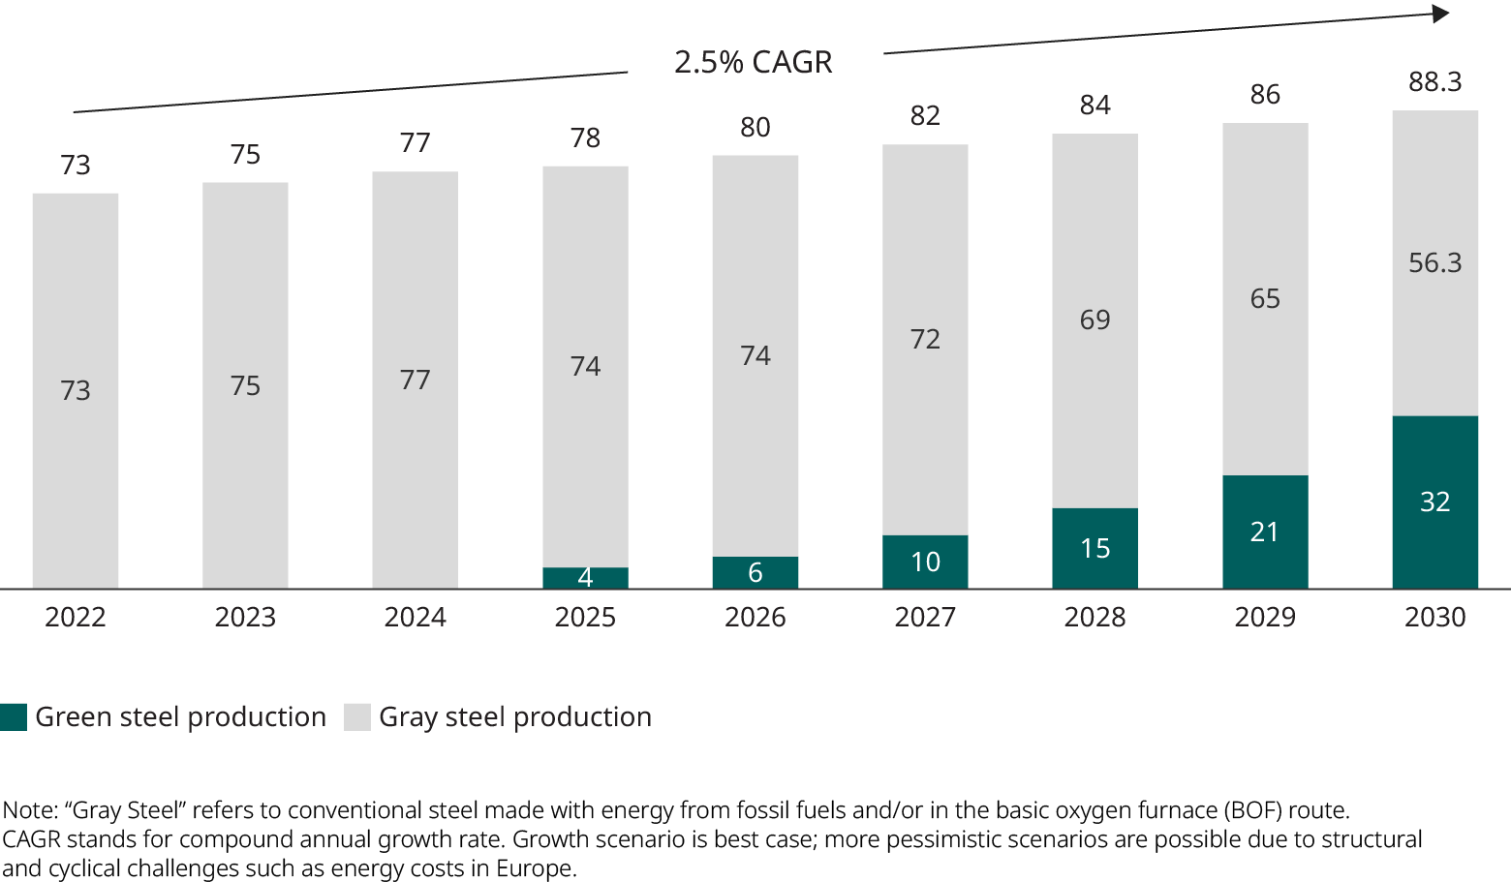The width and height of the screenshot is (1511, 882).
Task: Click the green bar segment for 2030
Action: point(1434,502)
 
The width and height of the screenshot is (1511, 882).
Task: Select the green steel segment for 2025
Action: point(585,578)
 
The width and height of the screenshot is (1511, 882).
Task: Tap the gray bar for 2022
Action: point(76,390)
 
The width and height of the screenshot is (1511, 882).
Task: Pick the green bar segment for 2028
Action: point(1095,548)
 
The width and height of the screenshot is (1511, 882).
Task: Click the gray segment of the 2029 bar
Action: point(1265,298)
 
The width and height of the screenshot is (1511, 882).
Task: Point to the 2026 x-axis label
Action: point(755,617)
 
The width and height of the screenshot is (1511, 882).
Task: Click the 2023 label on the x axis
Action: point(245,617)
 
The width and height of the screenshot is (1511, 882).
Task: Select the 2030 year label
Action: point(1434,617)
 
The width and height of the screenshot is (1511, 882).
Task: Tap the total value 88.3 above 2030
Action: point(1434,81)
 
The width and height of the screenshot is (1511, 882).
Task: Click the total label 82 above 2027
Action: point(925,115)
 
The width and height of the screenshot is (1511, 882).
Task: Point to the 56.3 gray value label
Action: point(1434,262)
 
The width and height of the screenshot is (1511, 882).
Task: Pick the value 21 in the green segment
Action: point(1265,532)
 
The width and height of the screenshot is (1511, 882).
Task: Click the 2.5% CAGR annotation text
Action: point(754,62)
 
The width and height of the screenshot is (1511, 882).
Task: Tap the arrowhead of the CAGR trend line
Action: point(1441,14)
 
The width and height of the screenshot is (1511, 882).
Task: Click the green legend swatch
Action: point(14,716)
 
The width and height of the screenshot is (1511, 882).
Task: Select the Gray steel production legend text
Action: point(514,716)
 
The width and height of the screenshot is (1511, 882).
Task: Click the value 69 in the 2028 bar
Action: point(1095,319)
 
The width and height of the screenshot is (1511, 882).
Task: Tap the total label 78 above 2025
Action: point(585,137)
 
